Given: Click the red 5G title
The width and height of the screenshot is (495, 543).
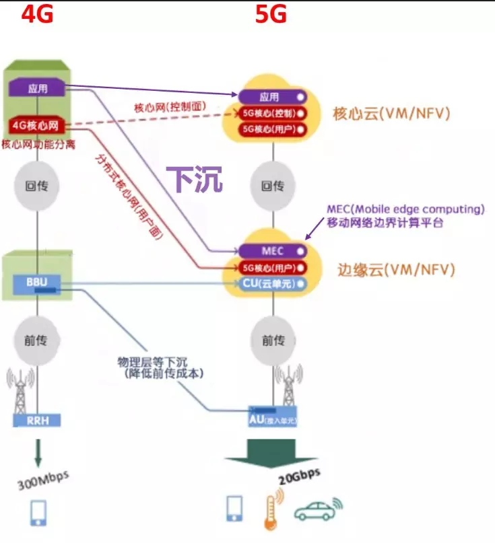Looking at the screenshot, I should pos(271,13).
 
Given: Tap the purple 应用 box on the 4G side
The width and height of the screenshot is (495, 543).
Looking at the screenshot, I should pos(37,88).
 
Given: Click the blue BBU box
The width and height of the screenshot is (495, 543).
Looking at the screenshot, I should pos(37,283).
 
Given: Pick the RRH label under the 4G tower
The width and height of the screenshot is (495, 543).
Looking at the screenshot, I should pos(37,421).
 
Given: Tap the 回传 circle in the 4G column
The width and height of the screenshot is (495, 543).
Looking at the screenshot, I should pos(38,185).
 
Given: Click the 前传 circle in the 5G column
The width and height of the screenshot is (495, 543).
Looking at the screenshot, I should pos(273,340).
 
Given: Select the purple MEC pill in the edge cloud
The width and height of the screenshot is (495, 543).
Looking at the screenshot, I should pos(272,251).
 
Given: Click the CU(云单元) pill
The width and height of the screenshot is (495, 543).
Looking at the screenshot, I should pos(272,283).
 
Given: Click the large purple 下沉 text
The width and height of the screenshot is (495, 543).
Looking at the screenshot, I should pos(194,180).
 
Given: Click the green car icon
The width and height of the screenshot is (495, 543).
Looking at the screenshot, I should pos(316,511).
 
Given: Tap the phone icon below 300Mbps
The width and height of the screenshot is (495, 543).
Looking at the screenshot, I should pos(38,513).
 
